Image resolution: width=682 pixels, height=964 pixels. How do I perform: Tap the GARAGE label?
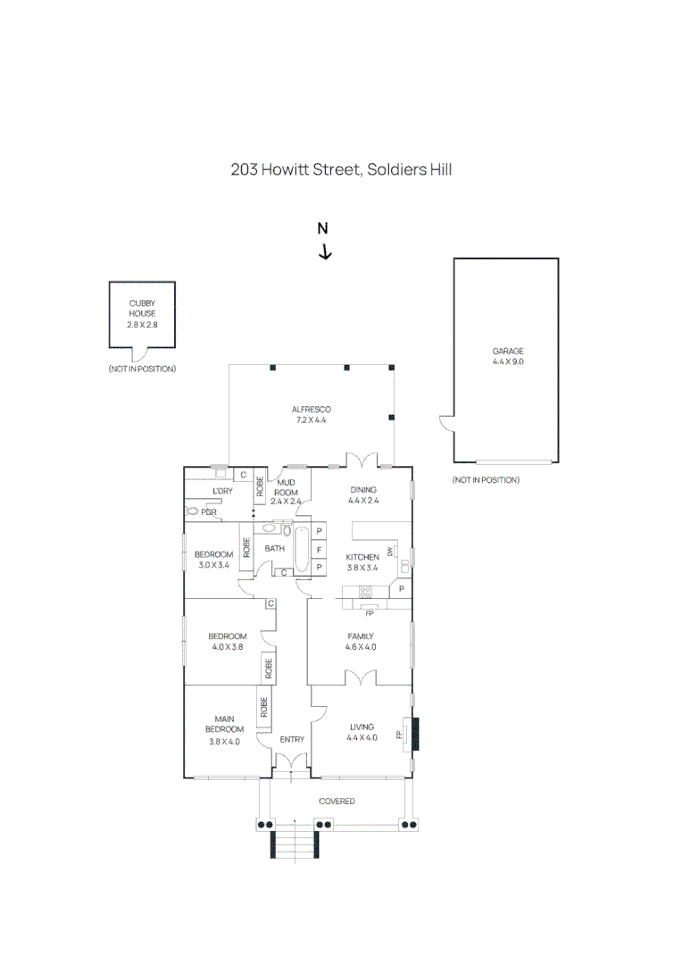508,356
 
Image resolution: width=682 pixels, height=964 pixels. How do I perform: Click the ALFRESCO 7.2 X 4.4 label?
311,414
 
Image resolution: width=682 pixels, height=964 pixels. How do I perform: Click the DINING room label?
363,494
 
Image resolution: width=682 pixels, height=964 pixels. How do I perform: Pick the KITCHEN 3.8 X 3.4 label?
362,562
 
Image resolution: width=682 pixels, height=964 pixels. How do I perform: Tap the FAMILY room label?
361,642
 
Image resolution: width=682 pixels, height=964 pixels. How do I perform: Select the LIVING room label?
362,732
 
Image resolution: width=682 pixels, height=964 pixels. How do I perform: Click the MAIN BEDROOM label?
224,729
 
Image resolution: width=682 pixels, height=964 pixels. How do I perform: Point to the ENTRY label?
292,739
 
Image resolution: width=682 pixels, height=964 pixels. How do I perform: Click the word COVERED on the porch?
337,802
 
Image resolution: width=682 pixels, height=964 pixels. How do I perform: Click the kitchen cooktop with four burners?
365,591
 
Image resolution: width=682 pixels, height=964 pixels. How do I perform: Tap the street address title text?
341,169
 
